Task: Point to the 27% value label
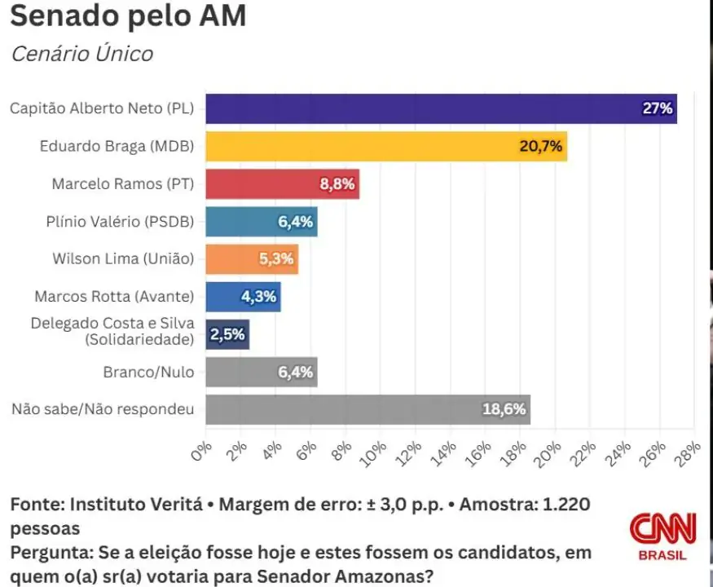click(x=657, y=108)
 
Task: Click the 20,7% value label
click(x=539, y=147)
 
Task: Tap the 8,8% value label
click(x=337, y=184)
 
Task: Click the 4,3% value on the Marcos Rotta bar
click(x=259, y=297)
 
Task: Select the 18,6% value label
click(x=504, y=409)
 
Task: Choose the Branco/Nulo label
click(x=148, y=372)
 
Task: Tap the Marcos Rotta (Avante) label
click(x=114, y=297)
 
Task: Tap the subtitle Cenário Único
click(x=81, y=55)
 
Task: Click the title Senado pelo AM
click(x=128, y=16)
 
